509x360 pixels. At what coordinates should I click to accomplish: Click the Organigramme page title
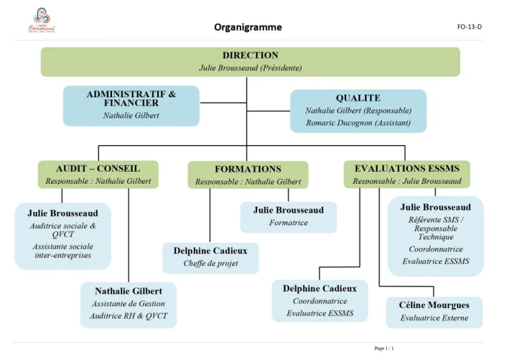pyautogui.click(x=248, y=27)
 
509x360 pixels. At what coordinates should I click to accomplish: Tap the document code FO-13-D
pyautogui.click(x=469, y=27)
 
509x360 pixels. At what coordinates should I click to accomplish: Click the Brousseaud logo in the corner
pyautogui.click(x=42, y=20)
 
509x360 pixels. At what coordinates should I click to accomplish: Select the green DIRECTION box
pyautogui.click(x=250, y=61)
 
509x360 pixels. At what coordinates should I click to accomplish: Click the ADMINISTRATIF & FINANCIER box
pyautogui.click(x=131, y=105)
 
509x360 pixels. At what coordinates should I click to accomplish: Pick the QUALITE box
pyautogui.click(x=358, y=111)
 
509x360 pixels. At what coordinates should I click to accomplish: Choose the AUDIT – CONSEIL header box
pyautogui.click(x=98, y=174)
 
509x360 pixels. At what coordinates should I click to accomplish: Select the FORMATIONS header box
pyautogui.click(x=248, y=175)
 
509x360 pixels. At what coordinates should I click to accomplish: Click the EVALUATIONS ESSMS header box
pyautogui.click(x=407, y=174)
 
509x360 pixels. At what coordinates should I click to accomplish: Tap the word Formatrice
pyautogui.click(x=288, y=223)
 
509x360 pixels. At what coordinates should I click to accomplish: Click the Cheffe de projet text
pyautogui.click(x=211, y=263)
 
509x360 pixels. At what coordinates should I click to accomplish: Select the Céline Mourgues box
pyautogui.click(x=434, y=312)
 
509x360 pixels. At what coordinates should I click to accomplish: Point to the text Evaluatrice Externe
pyautogui.click(x=434, y=318)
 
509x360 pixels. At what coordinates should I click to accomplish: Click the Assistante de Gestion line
pyautogui.click(x=128, y=304)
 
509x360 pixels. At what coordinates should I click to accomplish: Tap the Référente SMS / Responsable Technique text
pyautogui.click(x=436, y=228)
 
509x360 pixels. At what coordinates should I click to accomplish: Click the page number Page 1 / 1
pyautogui.click(x=384, y=348)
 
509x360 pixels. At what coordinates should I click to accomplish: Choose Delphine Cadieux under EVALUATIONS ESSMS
pyautogui.click(x=319, y=300)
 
